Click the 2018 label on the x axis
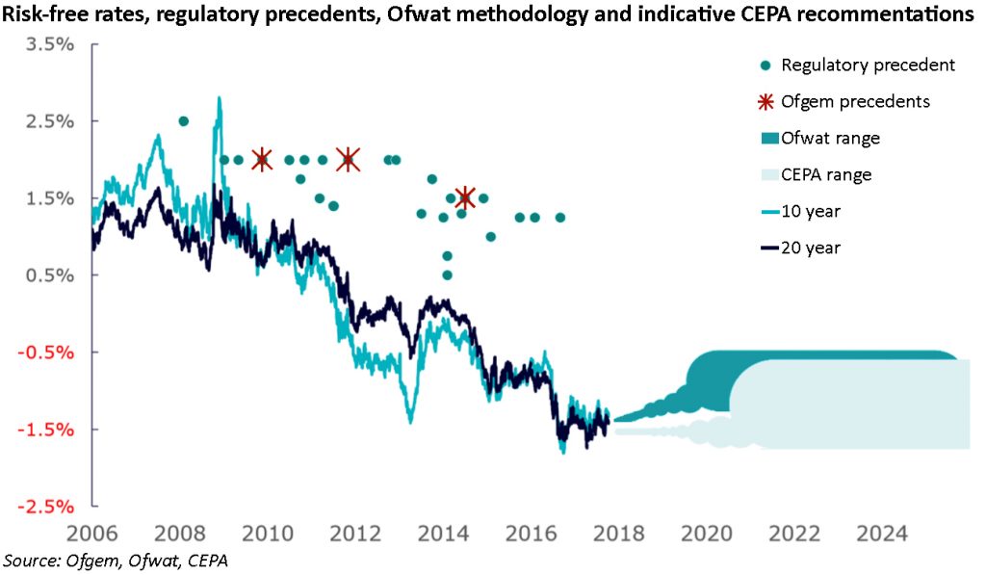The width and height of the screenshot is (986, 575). click(617, 534)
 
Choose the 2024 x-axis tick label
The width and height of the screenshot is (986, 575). click(881, 534)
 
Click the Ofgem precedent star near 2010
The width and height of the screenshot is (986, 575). click(261, 159)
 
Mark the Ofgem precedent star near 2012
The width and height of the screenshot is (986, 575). click(348, 159)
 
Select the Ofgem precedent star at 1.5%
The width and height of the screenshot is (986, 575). click(465, 197)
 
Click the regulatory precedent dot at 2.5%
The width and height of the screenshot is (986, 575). click(184, 121)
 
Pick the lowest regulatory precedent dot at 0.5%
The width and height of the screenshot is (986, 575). click(447, 274)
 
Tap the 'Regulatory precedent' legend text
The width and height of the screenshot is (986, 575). click(868, 65)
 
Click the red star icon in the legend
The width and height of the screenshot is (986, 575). click(766, 101)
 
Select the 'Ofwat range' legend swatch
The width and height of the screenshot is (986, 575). click(766, 139)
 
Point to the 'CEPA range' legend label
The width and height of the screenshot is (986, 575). click(826, 175)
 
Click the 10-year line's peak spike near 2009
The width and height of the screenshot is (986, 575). click(220, 98)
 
